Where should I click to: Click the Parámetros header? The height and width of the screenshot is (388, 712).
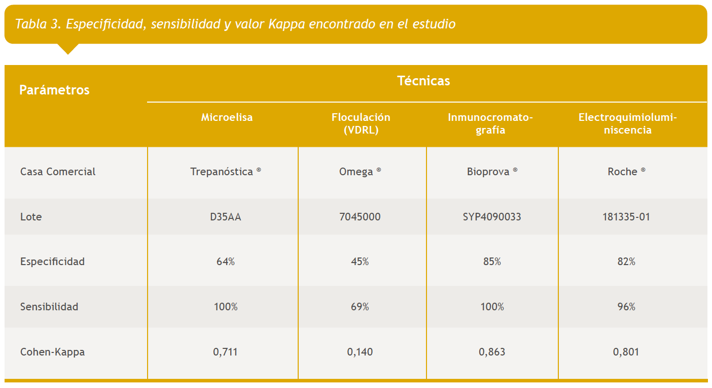coord(54,90)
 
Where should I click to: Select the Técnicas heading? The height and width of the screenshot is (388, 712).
coord(423,81)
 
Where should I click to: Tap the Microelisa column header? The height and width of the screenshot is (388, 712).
coord(227,117)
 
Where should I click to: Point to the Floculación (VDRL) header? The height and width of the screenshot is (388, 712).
coord(361,123)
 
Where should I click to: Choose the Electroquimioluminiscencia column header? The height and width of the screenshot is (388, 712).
coord(627,123)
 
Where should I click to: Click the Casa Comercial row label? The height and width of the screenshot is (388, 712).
coord(58,172)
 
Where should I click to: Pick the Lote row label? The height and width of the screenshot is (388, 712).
coord(31,217)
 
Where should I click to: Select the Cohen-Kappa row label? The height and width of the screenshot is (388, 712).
coord(52,352)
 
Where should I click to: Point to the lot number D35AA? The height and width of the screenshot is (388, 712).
coord(226,217)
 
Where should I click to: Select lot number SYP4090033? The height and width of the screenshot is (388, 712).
coord(492,217)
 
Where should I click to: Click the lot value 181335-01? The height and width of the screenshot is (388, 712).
coord(626,217)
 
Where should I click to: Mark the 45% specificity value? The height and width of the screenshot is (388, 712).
coord(360,262)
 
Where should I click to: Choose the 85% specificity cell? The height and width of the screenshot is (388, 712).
coord(492,262)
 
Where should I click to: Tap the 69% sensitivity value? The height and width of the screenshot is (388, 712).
coord(360,307)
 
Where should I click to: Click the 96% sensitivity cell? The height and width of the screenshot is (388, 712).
coord(626,307)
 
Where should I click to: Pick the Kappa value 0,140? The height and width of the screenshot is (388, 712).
coord(360,352)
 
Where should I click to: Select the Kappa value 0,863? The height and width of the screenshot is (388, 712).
coord(492,352)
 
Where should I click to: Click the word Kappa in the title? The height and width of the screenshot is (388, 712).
coord(287,24)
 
